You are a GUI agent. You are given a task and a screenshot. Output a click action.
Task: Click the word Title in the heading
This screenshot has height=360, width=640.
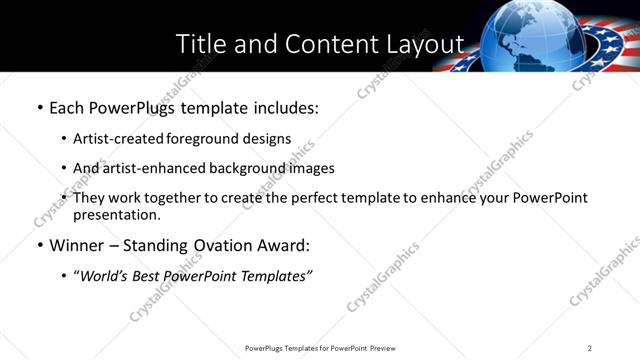coord(200,44)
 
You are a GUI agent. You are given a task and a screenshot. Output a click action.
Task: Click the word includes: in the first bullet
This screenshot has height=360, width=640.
coord(281,106)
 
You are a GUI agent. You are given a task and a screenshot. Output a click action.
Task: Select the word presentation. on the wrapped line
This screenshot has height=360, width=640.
coord(116,215)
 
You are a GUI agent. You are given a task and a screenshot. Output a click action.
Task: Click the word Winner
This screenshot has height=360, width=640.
coord(77,245)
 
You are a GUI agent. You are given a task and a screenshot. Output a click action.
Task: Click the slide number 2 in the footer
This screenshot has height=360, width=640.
coord(590,348)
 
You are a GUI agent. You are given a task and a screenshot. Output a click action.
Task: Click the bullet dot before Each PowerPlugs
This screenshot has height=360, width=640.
coord(39,106)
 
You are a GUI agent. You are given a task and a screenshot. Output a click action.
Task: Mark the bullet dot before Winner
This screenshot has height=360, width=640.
coord(39,245)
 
